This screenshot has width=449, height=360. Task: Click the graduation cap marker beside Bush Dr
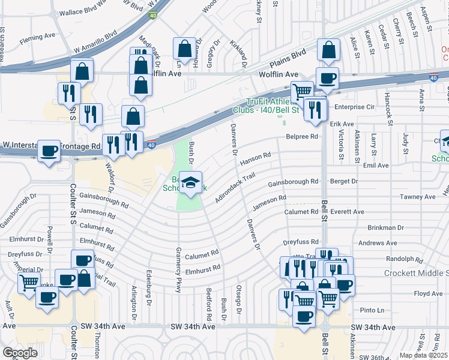(190, 183)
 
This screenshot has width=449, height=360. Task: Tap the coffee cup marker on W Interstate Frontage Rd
(49, 151)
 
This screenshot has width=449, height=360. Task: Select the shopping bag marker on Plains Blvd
(328, 50)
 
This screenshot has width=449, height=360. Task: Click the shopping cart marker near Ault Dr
(29, 283)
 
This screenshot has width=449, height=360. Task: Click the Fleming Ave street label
(37, 36)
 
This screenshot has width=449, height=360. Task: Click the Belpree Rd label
(301, 137)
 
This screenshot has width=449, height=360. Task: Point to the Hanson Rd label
(255, 159)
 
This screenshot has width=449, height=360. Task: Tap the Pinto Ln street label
(372, 310)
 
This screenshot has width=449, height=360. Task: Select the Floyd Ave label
(428, 294)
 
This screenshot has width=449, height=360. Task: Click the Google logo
(20, 353)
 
